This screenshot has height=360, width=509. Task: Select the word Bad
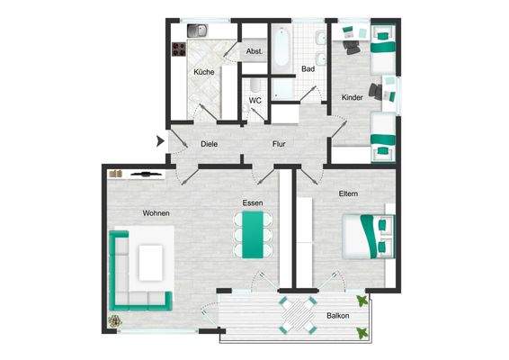(x=308, y=69)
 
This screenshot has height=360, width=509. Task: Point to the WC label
(x=255, y=100)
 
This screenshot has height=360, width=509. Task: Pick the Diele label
(x=210, y=144)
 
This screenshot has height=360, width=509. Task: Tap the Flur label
(x=279, y=144)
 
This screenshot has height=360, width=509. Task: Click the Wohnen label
(x=156, y=212)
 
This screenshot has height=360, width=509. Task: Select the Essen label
(x=252, y=203)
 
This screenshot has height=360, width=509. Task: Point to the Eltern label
(x=349, y=194)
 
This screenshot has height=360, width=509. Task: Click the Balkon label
(x=338, y=316)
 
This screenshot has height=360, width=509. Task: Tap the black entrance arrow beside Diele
(x=161, y=140)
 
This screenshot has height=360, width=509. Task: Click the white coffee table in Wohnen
(x=155, y=262)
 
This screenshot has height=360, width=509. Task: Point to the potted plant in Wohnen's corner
(x=115, y=320)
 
